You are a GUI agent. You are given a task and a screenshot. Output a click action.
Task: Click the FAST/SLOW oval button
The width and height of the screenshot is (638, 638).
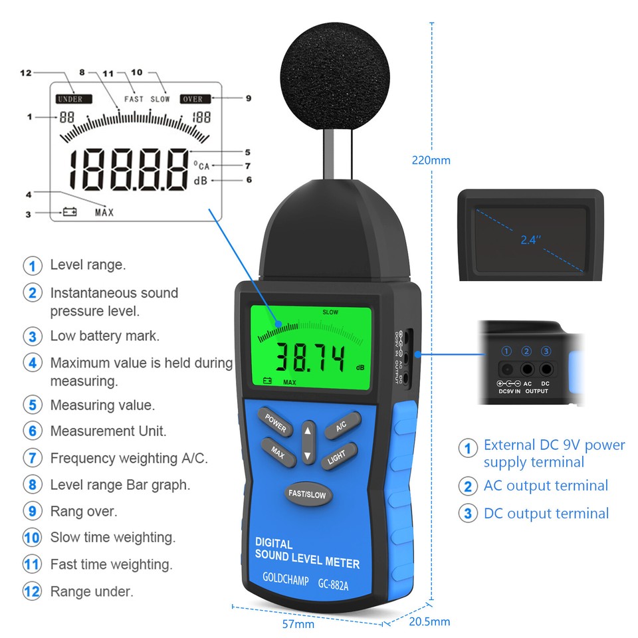point(306,494)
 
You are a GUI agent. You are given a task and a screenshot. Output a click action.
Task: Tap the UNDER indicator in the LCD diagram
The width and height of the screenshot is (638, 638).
point(70,99)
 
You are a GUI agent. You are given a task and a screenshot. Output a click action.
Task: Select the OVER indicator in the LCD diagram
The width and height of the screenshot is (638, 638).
point(193,99)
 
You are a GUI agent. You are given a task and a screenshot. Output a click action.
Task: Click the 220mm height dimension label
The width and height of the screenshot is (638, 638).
point(431,160)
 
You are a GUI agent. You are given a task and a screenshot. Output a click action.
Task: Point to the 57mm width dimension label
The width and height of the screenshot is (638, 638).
point(298,624)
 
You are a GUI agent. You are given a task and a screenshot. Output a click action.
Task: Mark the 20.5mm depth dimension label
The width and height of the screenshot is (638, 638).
point(429,622)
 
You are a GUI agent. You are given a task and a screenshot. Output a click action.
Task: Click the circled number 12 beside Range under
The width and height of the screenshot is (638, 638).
point(32,591)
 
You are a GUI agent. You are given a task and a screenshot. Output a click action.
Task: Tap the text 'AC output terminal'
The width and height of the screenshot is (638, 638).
point(545,486)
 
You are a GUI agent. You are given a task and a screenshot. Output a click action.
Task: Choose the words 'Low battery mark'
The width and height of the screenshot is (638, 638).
point(105,336)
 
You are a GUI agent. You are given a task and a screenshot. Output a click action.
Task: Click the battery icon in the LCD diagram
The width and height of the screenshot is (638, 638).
point(70,213)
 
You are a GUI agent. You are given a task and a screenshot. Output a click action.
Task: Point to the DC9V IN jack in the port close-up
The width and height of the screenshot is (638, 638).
point(506,370)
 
